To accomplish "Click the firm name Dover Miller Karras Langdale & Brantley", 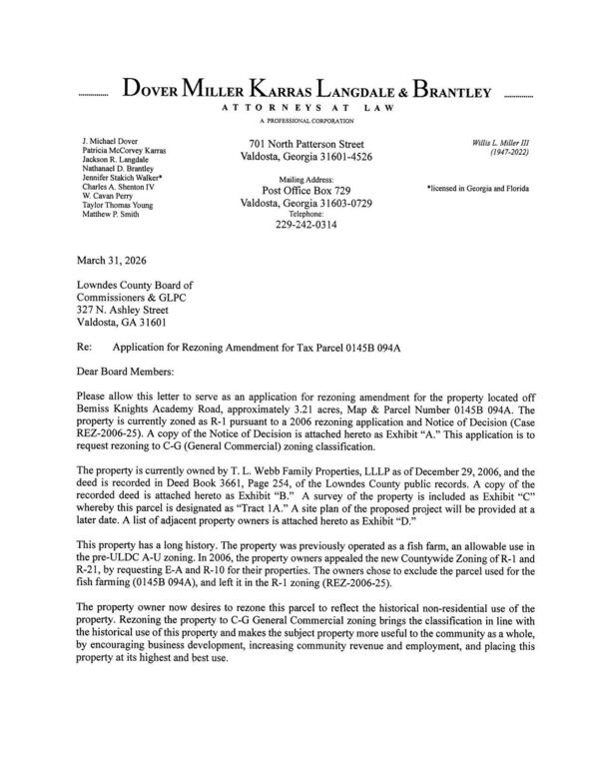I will pos(306,92).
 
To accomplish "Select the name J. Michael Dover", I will pos(111,144).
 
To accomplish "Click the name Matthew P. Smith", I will pos(113,214).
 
